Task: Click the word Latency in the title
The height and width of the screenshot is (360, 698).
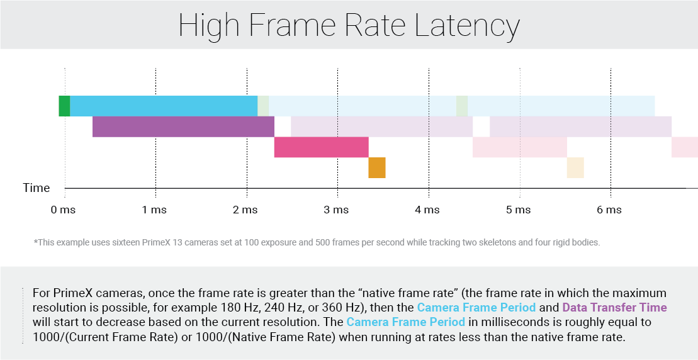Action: pyautogui.click(x=467, y=26)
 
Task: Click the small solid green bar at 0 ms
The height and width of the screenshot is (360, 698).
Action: pyautogui.click(x=64, y=106)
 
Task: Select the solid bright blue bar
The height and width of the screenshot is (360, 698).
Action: pyautogui.click(x=164, y=106)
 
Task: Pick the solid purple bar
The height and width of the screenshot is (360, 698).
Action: pyautogui.click(x=183, y=127)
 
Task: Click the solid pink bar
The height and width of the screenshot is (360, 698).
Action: pyautogui.click(x=321, y=147)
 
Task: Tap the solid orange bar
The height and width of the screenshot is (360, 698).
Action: pyautogui.click(x=377, y=167)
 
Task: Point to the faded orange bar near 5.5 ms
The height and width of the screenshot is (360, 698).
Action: pyautogui.click(x=575, y=167)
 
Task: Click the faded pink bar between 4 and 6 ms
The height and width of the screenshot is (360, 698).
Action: pyautogui.click(x=520, y=147)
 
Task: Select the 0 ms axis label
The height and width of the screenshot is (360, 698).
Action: pyautogui.click(x=63, y=210)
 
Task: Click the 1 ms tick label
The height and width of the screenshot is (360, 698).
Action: pyautogui.click(x=154, y=210)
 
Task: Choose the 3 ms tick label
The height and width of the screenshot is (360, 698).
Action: pyautogui.click(x=337, y=210)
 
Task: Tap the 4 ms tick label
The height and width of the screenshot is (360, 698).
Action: pyautogui.click(x=428, y=210)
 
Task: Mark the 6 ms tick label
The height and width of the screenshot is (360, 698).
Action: pyautogui.click(x=609, y=210)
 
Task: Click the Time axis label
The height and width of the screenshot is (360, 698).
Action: pyautogui.click(x=37, y=188)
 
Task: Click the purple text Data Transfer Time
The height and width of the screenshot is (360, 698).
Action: pyautogui.click(x=614, y=308)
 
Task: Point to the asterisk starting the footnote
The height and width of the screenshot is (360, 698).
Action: pyautogui.click(x=35, y=242)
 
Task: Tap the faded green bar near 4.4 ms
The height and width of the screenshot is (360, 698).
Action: pyautogui.click(x=462, y=106)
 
